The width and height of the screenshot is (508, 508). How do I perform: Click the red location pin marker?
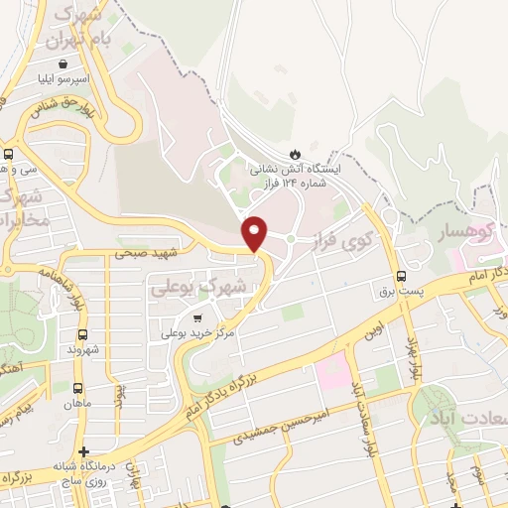click(255, 232)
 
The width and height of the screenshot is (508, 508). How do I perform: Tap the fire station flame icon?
click(294, 153)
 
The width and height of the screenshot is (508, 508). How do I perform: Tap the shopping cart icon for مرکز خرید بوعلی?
click(198, 319)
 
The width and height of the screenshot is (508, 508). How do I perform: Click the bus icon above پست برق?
click(401, 276)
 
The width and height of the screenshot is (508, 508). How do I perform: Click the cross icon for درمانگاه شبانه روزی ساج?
click(84, 451)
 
